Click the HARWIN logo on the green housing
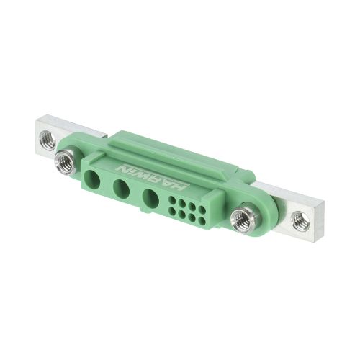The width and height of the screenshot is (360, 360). coord(150,178)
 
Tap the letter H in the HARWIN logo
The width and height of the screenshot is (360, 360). coord(179,186)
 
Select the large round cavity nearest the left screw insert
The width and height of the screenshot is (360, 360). coord(93,179)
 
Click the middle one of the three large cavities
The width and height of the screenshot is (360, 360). coord(121,188)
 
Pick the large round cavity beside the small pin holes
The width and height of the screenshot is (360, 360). coord(150,198)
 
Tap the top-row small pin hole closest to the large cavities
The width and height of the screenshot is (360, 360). coord(172,199)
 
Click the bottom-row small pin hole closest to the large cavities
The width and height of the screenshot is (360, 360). coord(172,211)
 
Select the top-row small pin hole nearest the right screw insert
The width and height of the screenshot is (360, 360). coord(202,210)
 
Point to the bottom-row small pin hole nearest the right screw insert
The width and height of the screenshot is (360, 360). coord(202,221)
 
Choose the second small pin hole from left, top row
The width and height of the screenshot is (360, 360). coord(182,202)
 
